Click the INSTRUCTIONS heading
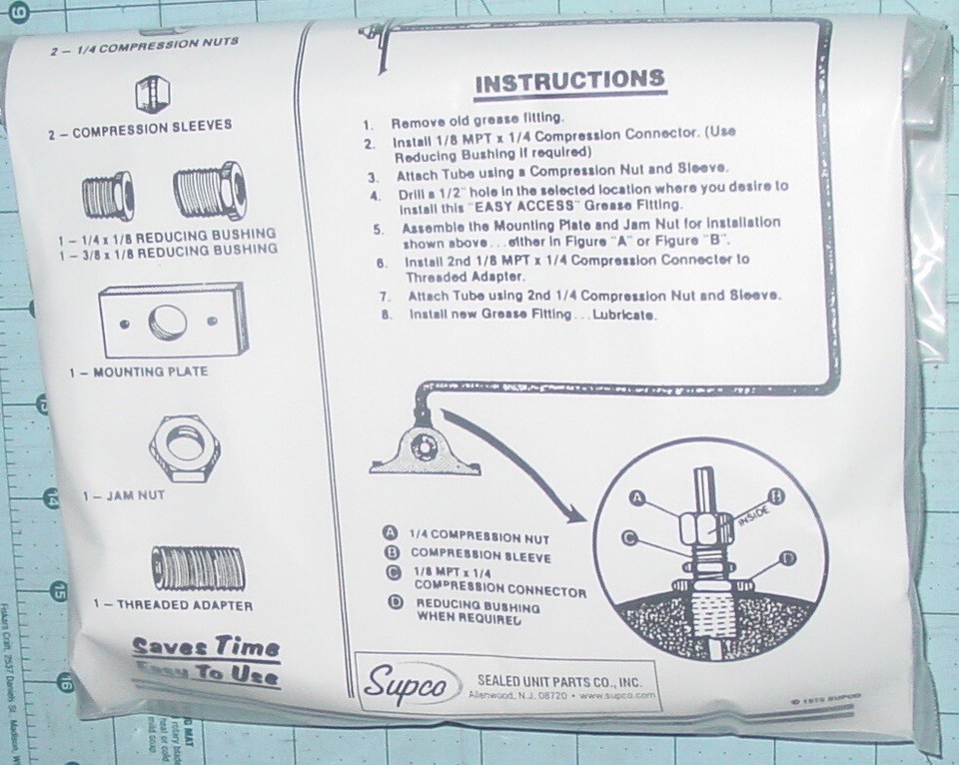click(x=568, y=82)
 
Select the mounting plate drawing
click(x=168, y=322)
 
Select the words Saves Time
click(x=206, y=646)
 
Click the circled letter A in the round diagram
click(x=636, y=496)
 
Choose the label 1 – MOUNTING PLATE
click(x=139, y=372)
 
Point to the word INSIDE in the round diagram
click(x=752, y=518)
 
